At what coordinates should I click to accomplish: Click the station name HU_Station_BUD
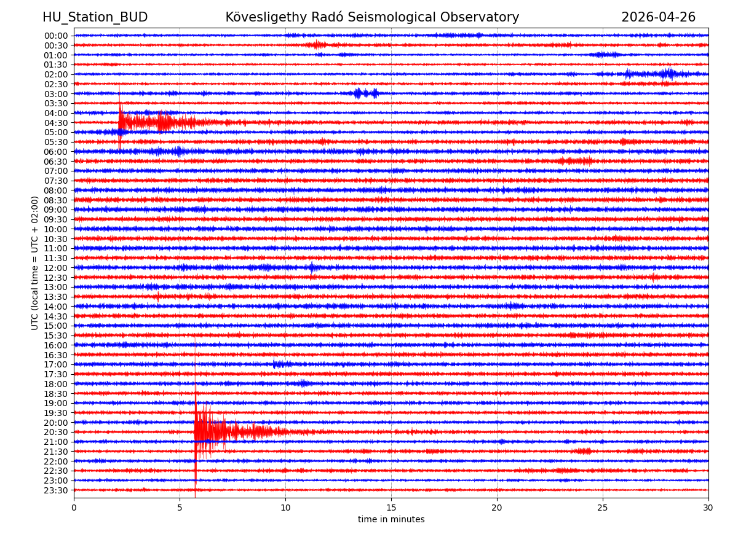coord(95,17)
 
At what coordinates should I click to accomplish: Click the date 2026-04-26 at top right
coord(658,17)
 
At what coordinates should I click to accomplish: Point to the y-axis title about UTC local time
coord(35,262)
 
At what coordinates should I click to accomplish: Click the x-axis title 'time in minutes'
coord(391,520)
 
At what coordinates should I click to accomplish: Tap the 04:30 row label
coord(56,123)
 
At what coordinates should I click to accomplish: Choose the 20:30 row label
coord(56,433)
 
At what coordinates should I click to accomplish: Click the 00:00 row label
coord(56,36)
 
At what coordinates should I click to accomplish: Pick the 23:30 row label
coord(56,490)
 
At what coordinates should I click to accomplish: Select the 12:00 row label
coord(56,268)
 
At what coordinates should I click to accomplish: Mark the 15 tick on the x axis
coord(391,508)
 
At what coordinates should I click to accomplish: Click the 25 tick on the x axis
coord(603,508)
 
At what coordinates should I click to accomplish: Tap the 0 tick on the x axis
coord(74,508)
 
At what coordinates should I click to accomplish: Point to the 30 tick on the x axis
coord(708,508)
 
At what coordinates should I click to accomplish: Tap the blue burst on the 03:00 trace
coord(366,93)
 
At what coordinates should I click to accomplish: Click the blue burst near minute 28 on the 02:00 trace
coord(669,74)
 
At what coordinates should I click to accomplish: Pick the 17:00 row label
coord(56,364)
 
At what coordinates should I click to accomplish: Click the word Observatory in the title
coord(483,17)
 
